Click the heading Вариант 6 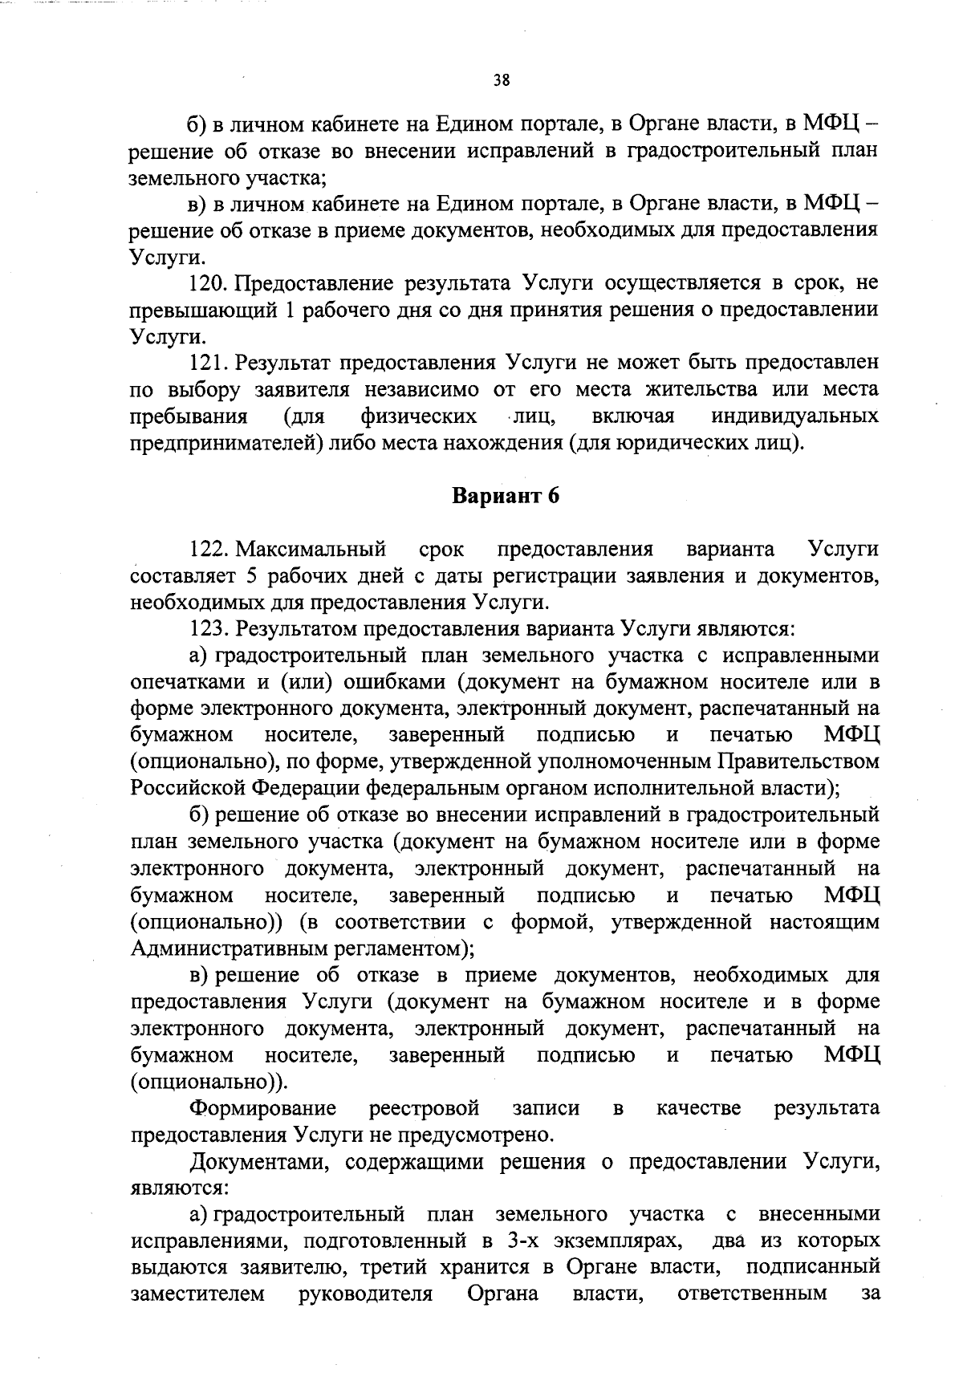pos(505,496)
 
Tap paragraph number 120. pos(209,283)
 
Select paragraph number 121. pos(209,363)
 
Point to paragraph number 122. pos(210,550)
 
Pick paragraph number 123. pos(210,629)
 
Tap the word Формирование pos(263,1109)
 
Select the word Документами pos(259,1162)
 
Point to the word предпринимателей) pos(226,442)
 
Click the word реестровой pos(424,1109)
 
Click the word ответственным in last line pos(752,1294)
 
